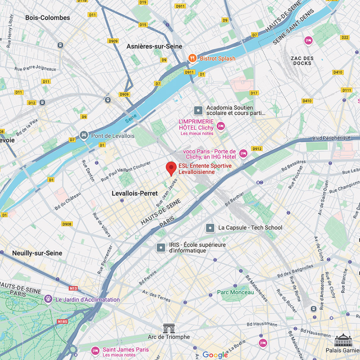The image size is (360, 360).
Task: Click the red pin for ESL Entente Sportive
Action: click(x=171, y=168)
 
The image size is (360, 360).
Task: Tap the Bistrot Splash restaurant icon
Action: click(x=192, y=58)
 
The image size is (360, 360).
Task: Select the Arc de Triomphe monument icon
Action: click(x=169, y=328)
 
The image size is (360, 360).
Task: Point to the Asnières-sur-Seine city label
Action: click(x=154, y=46)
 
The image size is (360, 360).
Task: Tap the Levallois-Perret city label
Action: click(x=135, y=193)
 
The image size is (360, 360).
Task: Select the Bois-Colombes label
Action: click(x=48, y=18)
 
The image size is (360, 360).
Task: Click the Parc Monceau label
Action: click(x=235, y=292)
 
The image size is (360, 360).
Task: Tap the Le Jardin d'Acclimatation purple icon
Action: click(x=48, y=299)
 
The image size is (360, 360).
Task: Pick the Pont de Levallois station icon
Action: click(x=84, y=135)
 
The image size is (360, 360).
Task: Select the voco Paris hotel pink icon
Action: click(x=243, y=153)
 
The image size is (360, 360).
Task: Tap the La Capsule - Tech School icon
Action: click(x=210, y=228)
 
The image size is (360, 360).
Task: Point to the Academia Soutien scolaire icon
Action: click(x=198, y=110)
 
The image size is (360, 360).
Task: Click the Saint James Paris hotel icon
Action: click(x=95, y=350)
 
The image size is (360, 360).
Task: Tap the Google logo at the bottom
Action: click(x=215, y=355)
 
